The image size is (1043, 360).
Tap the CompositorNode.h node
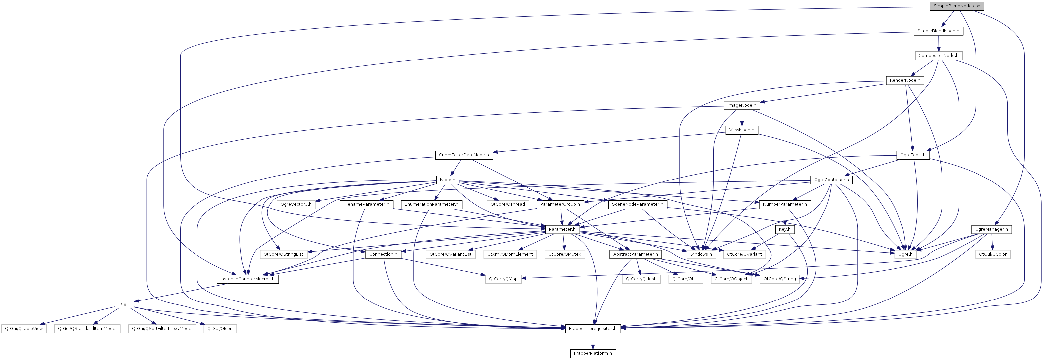point(939,56)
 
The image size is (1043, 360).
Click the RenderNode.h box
point(905,80)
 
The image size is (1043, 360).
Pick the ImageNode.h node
point(742,105)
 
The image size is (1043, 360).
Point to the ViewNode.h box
point(742,130)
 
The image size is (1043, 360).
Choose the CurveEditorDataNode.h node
point(464,155)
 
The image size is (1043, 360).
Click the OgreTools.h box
point(913,155)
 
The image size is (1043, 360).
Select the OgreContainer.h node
point(832,180)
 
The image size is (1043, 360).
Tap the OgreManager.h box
point(991,229)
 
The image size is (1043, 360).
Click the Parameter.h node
point(562,229)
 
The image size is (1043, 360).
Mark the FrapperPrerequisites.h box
point(593,328)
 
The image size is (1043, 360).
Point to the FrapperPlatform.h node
point(593,353)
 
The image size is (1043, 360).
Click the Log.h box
point(124,304)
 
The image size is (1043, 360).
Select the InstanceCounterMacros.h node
point(247,279)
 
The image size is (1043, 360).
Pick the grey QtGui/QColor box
point(993,254)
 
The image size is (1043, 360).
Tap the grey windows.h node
point(701,254)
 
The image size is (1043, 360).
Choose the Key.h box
point(785,229)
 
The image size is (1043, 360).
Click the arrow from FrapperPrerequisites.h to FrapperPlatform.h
point(593,341)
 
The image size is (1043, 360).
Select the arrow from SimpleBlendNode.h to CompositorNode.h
point(938,43)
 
